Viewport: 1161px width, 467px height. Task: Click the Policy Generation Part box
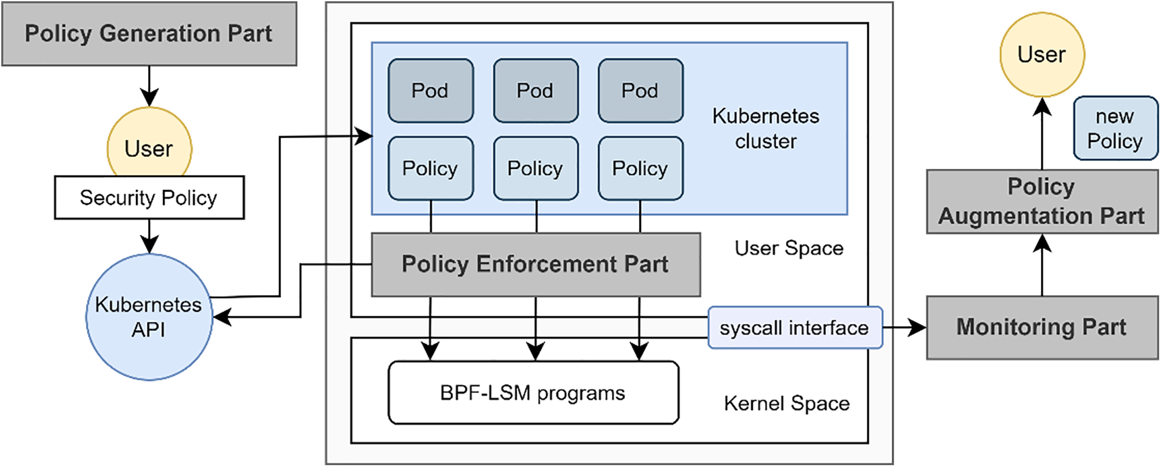[149, 34]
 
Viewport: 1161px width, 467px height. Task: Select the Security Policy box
[149, 198]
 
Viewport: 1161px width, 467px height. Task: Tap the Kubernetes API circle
[149, 317]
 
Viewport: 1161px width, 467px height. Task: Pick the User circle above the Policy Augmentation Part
[1042, 55]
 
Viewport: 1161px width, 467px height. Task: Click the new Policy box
[1115, 129]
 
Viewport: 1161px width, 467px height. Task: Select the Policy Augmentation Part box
[1042, 201]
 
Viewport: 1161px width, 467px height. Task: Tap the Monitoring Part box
[1042, 327]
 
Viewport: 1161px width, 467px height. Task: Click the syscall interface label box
[794, 328]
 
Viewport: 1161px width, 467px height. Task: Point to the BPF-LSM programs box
[533, 393]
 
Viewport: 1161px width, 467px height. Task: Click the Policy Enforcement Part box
[535, 265]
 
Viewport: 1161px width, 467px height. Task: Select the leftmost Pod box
[430, 91]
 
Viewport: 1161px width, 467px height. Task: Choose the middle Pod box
[535, 91]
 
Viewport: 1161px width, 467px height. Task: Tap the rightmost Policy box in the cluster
[640, 168]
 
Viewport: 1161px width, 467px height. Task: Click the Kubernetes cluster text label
[765, 129]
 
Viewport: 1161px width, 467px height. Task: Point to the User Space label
[789, 248]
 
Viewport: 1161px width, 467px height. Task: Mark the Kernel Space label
[786, 403]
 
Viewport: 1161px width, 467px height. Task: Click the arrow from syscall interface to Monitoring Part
[906, 327]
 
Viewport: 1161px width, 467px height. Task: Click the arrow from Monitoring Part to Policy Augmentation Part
[1042, 265]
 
